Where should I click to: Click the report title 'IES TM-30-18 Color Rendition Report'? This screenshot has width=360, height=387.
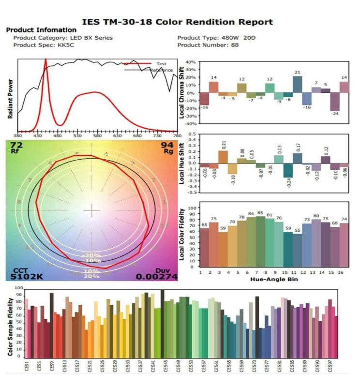(177, 22)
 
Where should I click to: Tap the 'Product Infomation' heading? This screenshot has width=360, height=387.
(41, 30)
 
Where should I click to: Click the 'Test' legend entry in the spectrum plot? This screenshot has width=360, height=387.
(161, 64)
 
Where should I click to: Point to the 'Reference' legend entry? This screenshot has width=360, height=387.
(161, 70)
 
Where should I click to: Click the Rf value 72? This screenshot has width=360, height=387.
(16, 145)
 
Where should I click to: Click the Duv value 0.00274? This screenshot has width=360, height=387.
(156, 277)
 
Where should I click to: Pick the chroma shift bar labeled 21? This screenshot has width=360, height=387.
(298, 85)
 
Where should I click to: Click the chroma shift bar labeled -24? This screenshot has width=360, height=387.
(335, 102)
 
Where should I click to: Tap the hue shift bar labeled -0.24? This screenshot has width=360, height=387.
(288, 170)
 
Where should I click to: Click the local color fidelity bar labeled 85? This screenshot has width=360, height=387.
(260, 241)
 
